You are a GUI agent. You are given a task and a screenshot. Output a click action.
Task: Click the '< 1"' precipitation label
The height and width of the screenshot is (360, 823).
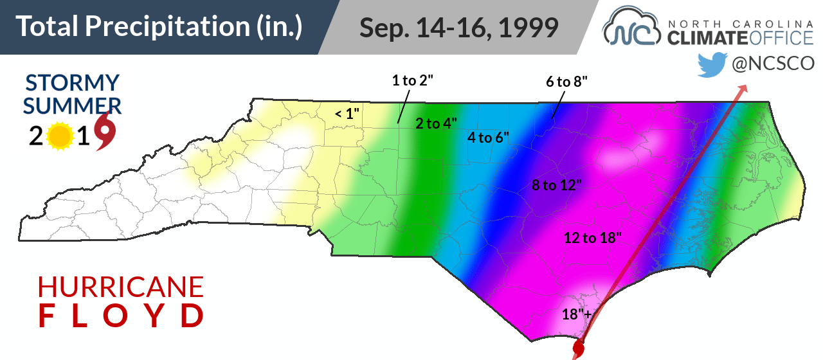point(347,114)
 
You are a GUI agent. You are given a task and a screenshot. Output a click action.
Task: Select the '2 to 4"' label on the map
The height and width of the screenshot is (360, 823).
point(436,124)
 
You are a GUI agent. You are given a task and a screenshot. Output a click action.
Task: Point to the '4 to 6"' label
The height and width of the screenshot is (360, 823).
point(488,137)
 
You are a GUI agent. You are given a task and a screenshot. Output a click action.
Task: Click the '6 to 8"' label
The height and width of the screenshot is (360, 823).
point(567,81)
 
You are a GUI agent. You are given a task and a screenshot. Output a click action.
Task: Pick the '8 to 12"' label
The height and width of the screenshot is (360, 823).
point(557,186)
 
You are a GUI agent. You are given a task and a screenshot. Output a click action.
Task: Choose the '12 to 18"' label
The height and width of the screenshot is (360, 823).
point(593,238)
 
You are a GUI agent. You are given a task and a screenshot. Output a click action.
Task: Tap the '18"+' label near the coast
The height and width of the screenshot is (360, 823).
point(576,314)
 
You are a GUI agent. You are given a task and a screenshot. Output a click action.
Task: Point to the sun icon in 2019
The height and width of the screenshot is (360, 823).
point(59,136)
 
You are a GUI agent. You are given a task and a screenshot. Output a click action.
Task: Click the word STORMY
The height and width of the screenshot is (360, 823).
point(72,83)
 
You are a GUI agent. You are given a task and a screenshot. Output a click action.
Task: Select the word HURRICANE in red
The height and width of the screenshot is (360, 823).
point(120,287)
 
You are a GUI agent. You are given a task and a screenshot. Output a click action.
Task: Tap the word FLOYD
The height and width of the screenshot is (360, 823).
point(120,316)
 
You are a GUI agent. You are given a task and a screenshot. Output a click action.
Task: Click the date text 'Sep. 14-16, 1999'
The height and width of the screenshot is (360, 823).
point(458,28)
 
